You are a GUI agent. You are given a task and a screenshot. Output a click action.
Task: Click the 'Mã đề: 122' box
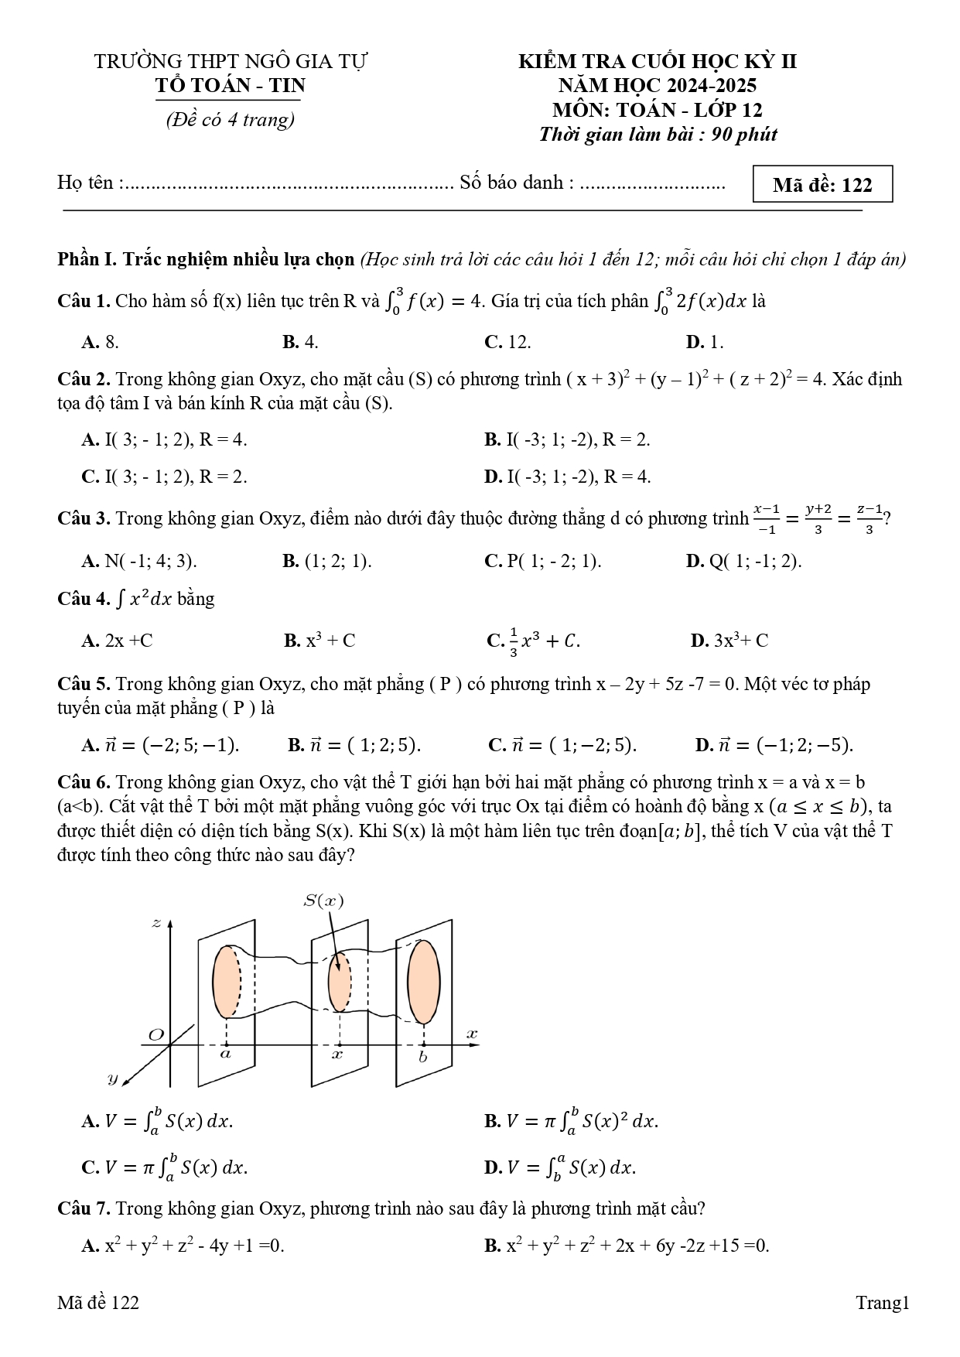[822, 185]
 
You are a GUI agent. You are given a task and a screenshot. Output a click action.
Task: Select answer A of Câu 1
[100, 342]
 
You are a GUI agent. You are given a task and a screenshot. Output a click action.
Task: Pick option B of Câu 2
[567, 440]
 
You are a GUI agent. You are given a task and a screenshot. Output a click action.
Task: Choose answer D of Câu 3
[743, 561]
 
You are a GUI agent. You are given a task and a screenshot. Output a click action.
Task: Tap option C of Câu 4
[533, 641]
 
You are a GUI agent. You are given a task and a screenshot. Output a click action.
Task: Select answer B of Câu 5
[354, 745]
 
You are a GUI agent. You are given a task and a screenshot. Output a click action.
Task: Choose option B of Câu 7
[627, 1246]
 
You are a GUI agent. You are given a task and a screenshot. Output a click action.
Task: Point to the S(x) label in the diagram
[323, 901]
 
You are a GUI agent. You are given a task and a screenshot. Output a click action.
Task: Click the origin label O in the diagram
[156, 1035]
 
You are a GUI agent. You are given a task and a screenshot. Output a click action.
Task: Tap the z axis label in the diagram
[156, 923]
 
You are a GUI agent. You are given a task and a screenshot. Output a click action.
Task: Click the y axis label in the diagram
[112, 1078]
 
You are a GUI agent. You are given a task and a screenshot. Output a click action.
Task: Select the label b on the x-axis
[422, 1057]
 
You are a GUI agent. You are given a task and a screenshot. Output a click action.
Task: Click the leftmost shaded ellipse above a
[227, 981]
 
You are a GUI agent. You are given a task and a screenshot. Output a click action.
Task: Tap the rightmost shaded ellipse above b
[424, 981]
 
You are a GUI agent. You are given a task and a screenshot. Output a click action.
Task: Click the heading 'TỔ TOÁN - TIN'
[231, 86]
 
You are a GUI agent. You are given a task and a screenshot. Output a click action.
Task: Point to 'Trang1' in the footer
[882, 1303]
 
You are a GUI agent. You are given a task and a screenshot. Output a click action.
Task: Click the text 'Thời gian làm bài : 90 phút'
[658, 135]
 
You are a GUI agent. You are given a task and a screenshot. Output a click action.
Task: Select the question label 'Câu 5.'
[84, 684]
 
